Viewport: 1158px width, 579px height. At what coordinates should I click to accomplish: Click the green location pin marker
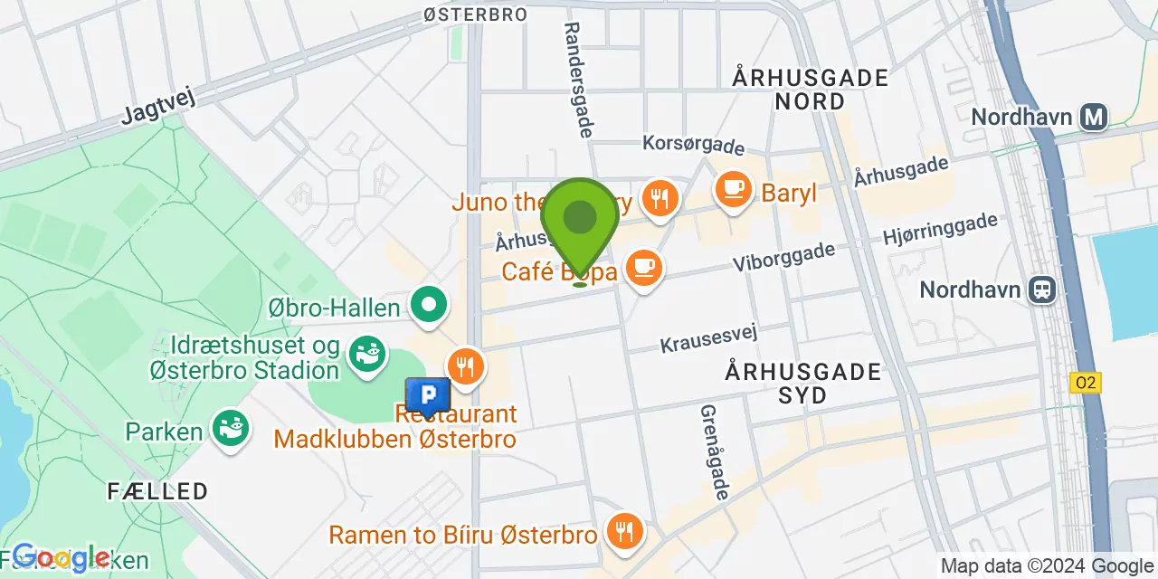click(580, 221)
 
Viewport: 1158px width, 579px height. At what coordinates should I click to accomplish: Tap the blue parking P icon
click(428, 395)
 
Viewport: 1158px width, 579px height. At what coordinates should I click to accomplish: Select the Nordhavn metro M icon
click(1096, 117)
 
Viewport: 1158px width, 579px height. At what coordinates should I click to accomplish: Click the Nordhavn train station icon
click(1043, 289)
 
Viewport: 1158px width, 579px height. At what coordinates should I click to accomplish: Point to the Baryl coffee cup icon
click(732, 189)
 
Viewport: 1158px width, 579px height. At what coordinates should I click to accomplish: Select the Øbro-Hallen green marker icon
click(430, 305)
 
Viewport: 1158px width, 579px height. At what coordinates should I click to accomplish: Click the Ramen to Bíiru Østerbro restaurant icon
click(623, 530)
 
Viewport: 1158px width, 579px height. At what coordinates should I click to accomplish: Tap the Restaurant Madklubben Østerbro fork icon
click(466, 366)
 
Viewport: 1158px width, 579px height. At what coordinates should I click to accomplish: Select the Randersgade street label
click(576, 80)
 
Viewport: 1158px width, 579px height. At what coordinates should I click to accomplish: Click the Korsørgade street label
click(693, 145)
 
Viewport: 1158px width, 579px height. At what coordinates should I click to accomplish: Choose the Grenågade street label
click(714, 451)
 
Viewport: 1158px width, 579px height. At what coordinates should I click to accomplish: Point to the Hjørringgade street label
click(941, 229)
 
